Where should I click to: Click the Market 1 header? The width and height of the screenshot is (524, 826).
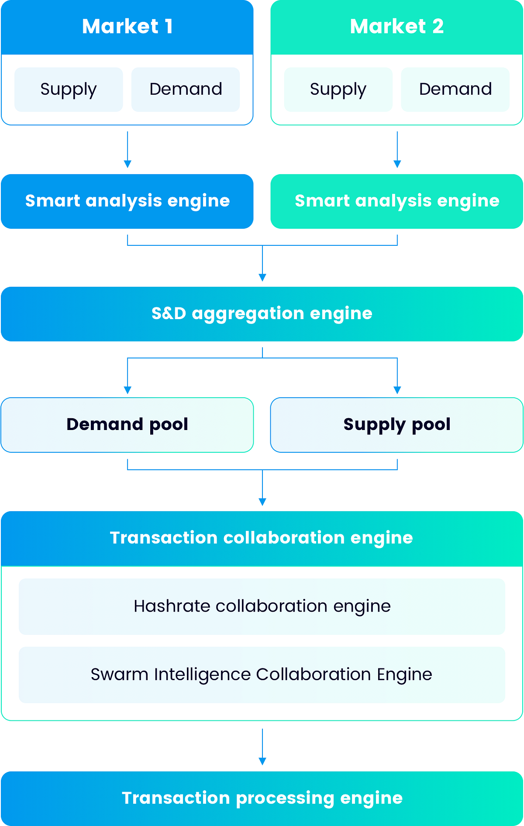coord(127,27)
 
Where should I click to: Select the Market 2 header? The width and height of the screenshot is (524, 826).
coord(396,27)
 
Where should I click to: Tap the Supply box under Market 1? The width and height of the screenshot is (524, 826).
coord(69,89)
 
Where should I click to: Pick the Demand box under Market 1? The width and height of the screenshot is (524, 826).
coord(186,89)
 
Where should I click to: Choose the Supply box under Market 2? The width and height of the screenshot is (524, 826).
coord(338,89)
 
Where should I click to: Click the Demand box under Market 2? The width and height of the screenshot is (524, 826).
coord(455,89)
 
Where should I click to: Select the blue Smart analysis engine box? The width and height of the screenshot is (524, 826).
coord(127,201)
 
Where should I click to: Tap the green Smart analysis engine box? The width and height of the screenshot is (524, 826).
coord(396,201)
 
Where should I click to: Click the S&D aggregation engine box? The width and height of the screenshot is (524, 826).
coord(262,314)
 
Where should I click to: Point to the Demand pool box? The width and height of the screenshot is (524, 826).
coord(127,425)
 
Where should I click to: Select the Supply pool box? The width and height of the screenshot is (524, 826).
coord(396,425)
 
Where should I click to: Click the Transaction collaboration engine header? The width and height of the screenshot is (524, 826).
coord(262,538)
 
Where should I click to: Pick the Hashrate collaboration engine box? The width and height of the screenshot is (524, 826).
coord(262,606)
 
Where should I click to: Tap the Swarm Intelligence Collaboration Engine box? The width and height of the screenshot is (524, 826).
coord(262,675)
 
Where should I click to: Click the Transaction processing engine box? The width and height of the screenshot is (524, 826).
coord(262,798)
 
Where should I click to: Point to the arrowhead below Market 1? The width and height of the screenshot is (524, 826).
coord(128,164)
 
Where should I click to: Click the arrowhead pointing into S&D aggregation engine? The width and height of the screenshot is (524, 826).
coord(262,278)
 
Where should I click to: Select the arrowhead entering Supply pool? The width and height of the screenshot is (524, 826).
coord(397,390)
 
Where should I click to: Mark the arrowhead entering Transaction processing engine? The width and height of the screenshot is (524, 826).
coord(262,761)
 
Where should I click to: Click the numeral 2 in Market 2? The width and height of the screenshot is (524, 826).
coord(438,27)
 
